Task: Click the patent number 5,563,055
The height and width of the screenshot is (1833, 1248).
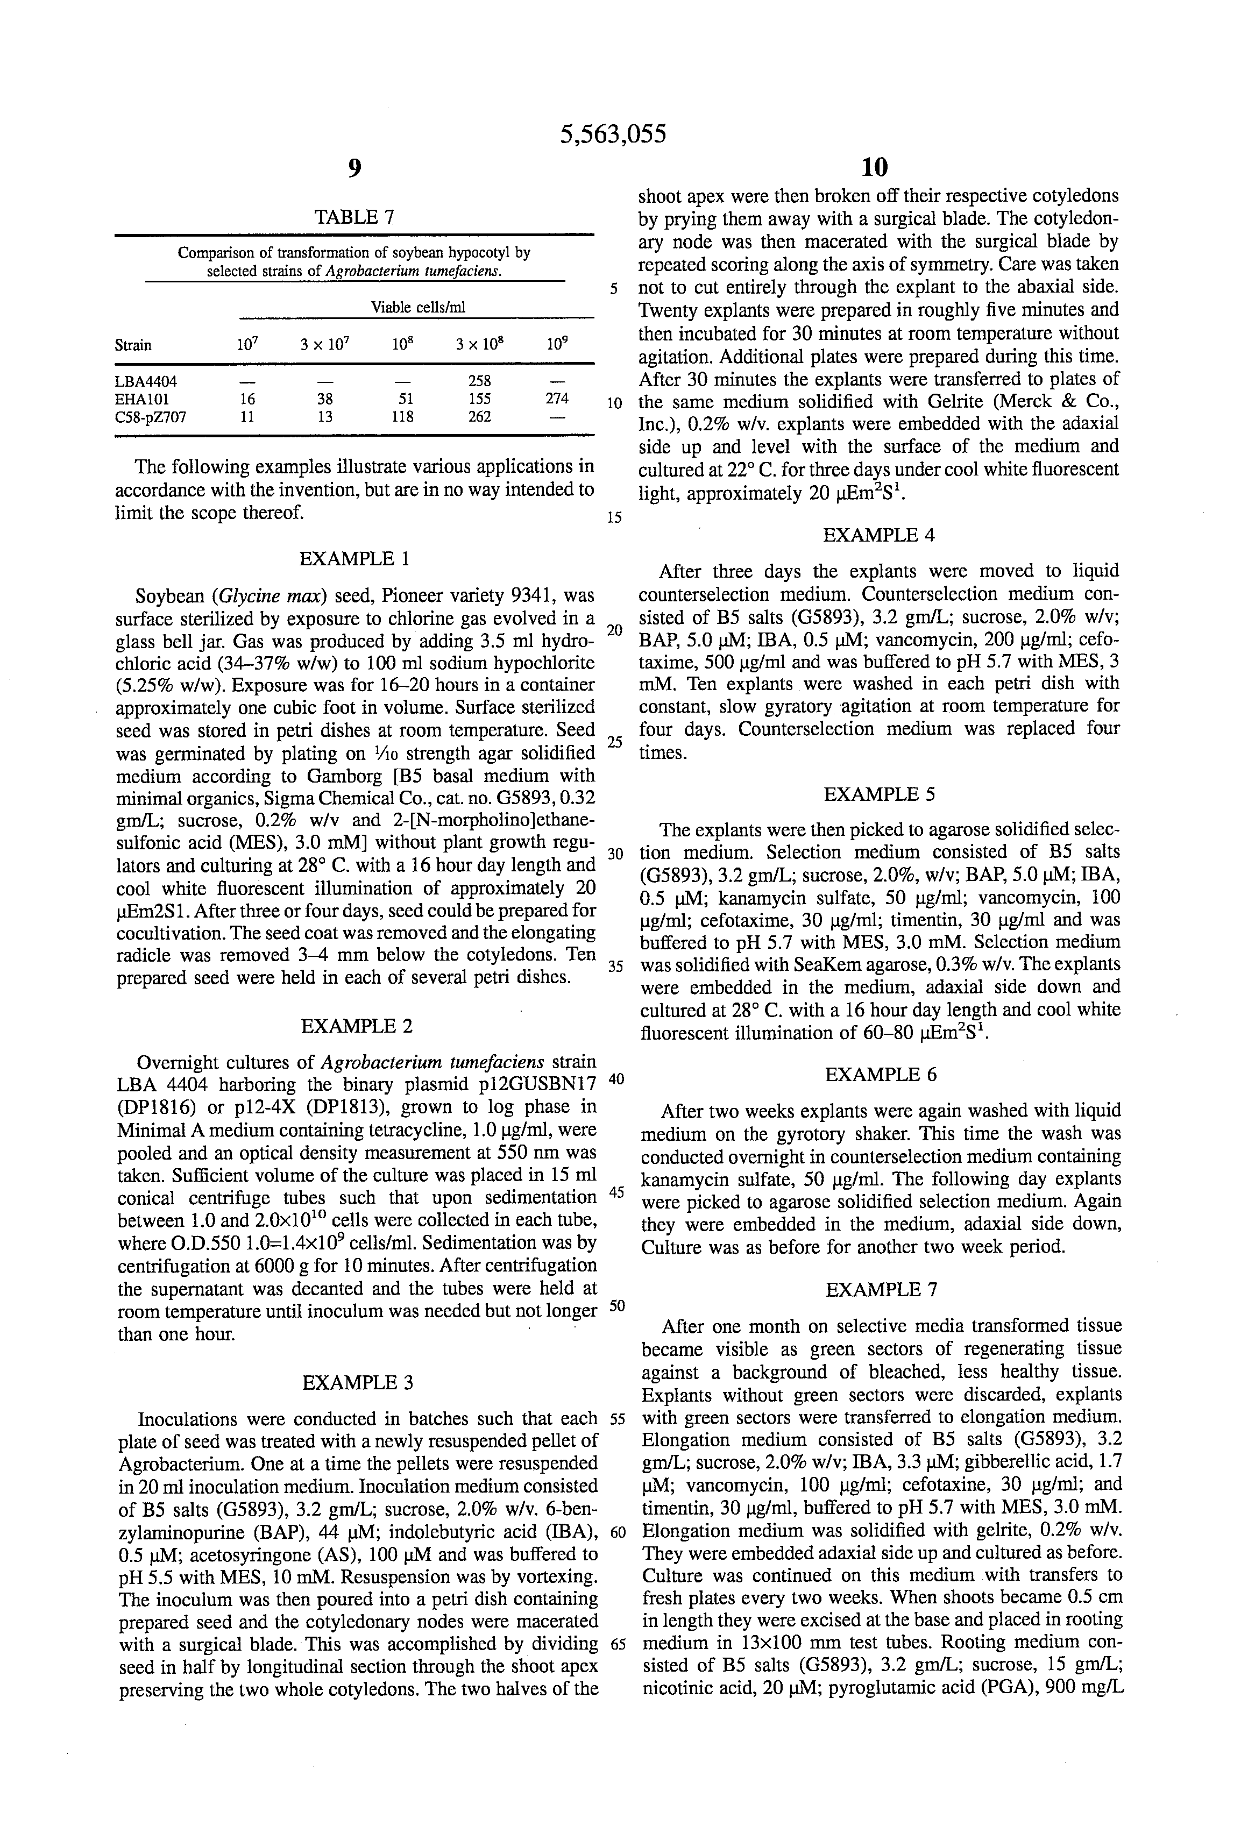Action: [x=612, y=135]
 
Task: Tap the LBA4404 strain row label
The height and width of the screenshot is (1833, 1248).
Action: [x=146, y=382]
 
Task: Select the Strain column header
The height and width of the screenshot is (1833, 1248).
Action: [x=132, y=345]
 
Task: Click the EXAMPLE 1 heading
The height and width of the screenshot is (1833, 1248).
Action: [x=354, y=559]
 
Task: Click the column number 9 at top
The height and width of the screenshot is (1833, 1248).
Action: [x=354, y=167]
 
